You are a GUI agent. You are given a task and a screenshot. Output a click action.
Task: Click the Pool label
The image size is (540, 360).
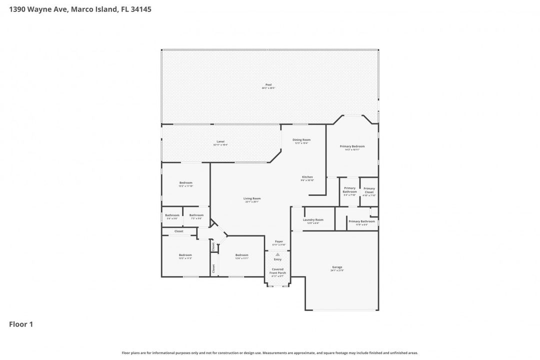coord(268,86)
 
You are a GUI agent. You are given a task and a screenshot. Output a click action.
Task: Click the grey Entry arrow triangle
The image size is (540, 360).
coord(277,254)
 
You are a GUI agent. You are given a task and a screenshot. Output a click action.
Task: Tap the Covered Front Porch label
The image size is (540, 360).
coord(277,271)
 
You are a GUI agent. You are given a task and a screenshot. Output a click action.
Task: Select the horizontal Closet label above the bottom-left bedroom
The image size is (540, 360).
coord(178,231)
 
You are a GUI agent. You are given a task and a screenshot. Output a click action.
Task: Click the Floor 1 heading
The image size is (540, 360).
coord(21,324)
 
